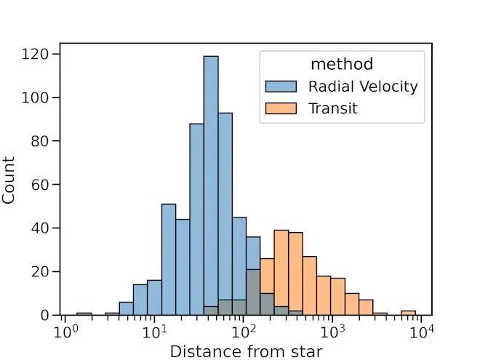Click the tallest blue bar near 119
click(211, 185)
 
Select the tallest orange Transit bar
click(281, 273)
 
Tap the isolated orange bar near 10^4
click(409, 313)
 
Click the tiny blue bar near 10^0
click(84, 313)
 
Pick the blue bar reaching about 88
click(196, 219)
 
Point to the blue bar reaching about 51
click(169, 260)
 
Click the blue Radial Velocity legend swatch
click(281, 87)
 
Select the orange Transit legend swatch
click(281, 108)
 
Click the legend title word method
click(342, 64)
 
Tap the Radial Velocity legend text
click(363, 87)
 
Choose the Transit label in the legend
click(333, 108)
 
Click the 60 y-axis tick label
click(40, 185)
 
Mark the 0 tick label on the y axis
click(44, 316)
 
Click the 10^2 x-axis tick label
click(244, 332)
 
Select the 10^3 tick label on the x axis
click(333, 332)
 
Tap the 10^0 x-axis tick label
click(65, 332)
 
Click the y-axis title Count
click(8, 180)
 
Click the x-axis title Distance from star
click(246, 351)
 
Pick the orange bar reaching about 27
click(310, 286)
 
